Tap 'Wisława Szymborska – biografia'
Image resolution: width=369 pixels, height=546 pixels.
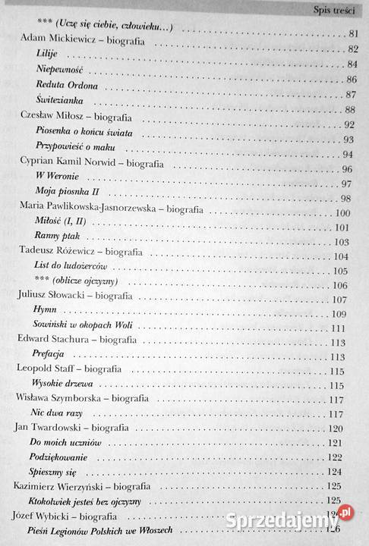85,397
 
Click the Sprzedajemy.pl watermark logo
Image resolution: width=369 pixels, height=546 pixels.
308,520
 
